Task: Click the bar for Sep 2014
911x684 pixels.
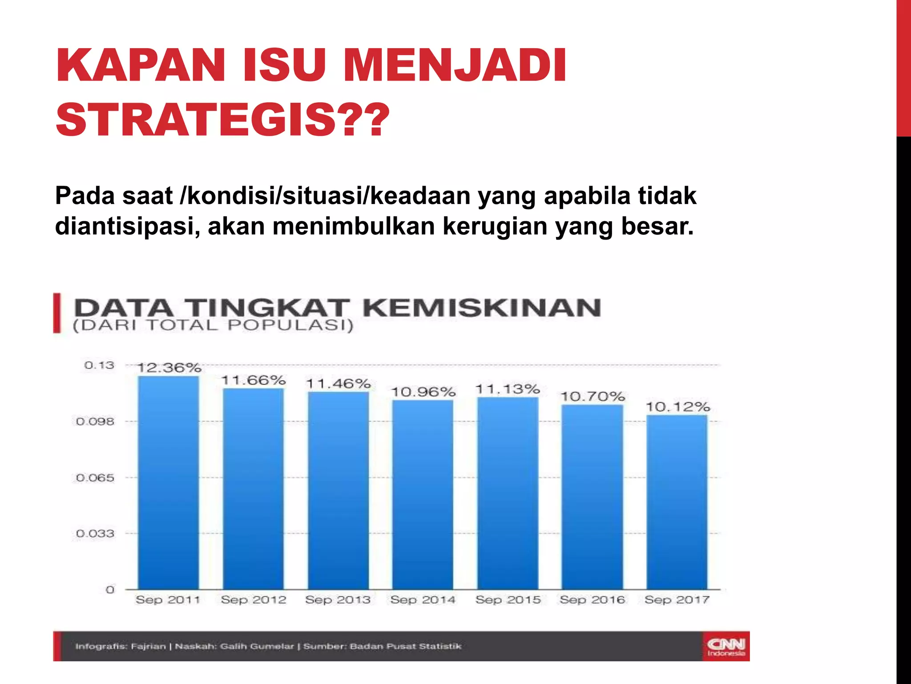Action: pos(423,494)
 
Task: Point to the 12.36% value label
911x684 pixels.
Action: pos(169,368)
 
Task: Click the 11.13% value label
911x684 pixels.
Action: pos(508,389)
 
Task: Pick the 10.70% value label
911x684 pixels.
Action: pos(593,396)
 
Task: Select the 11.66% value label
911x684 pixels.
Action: pos(254,380)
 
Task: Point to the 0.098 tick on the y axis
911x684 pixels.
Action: pos(95,421)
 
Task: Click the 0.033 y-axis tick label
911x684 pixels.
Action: pos(95,533)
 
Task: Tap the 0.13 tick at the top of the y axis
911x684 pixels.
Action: pos(99,366)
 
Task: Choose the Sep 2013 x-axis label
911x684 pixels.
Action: pos(338,600)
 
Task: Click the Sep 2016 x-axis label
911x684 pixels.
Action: pos(593,600)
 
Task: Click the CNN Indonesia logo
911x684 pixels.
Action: pos(726,647)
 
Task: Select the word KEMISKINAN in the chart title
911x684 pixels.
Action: pos(482,308)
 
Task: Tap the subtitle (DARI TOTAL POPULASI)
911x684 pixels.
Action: pos(213,326)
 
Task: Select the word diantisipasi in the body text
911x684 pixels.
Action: pos(127,226)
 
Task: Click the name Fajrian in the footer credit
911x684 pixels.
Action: pos(148,646)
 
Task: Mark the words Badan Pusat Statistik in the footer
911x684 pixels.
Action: pos(406,646)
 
